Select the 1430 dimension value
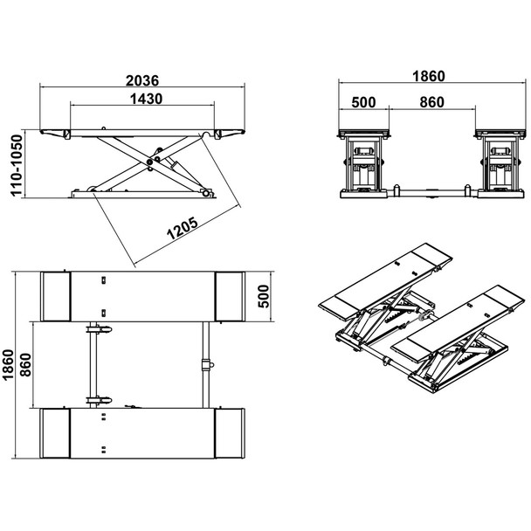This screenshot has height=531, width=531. coord(143,99)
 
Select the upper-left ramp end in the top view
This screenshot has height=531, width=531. coord(58,296)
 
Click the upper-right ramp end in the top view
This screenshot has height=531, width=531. coord(230,296)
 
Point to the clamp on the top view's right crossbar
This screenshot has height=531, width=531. coord(206,362)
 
